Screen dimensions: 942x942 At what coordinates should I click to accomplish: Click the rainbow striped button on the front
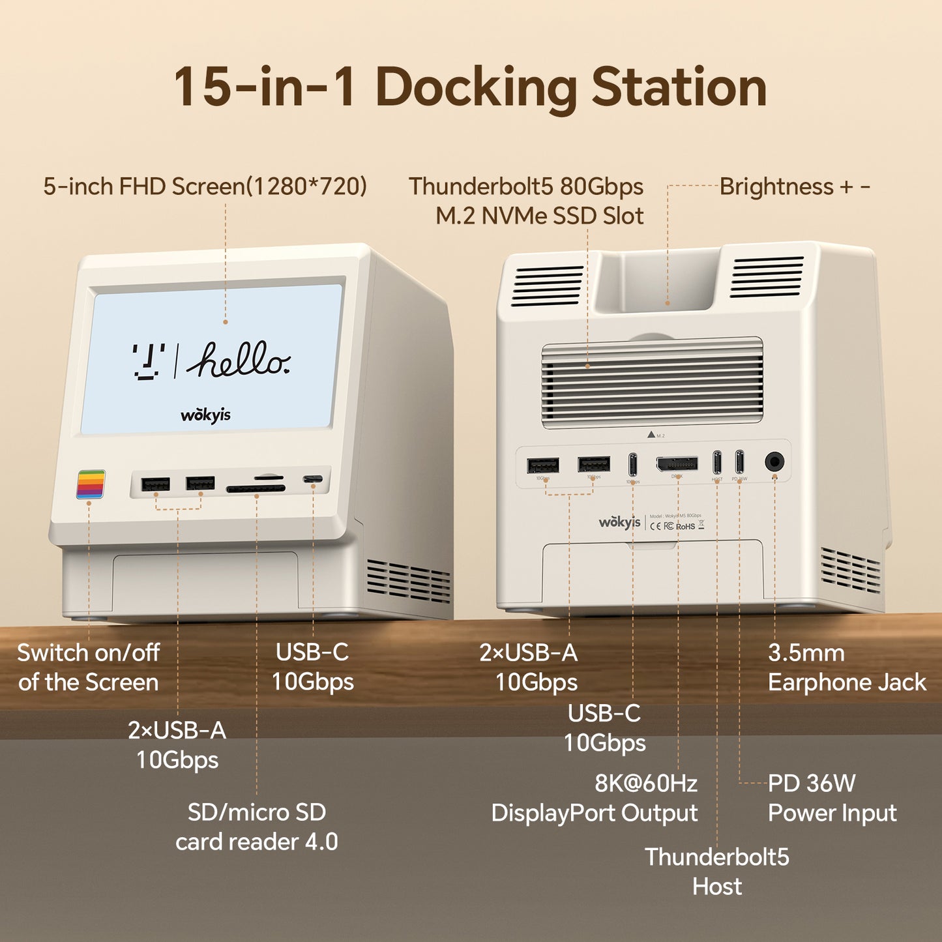[91, 484]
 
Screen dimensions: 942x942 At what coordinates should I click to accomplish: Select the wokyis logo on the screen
[205, 415]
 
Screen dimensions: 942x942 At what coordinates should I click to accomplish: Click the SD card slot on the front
[256, 488]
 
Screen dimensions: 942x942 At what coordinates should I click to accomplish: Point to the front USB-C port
[313, 480]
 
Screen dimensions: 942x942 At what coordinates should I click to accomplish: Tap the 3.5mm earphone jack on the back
[774, 462]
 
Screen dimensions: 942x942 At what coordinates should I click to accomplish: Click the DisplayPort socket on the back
[677, 464]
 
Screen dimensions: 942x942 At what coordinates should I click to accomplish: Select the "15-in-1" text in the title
[265, 87]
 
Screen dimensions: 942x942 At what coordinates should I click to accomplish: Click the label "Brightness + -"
[795, 186]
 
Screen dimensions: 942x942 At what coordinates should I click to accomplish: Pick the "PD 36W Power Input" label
[832, 798]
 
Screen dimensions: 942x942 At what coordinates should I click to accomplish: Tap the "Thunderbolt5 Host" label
[717, 872]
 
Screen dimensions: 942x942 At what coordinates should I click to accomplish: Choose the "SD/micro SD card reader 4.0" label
[257, 827]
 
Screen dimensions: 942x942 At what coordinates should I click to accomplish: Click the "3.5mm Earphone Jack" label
[846, 668]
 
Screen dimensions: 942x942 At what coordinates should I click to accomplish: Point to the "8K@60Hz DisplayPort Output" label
[594, 798]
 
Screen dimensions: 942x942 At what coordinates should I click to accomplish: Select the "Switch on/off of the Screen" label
[89, 668]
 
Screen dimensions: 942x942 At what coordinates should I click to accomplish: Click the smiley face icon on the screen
[149, 361]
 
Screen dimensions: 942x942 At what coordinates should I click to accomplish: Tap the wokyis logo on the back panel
[619, 522]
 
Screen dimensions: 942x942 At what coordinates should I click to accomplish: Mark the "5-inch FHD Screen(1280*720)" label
[205, 186]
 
